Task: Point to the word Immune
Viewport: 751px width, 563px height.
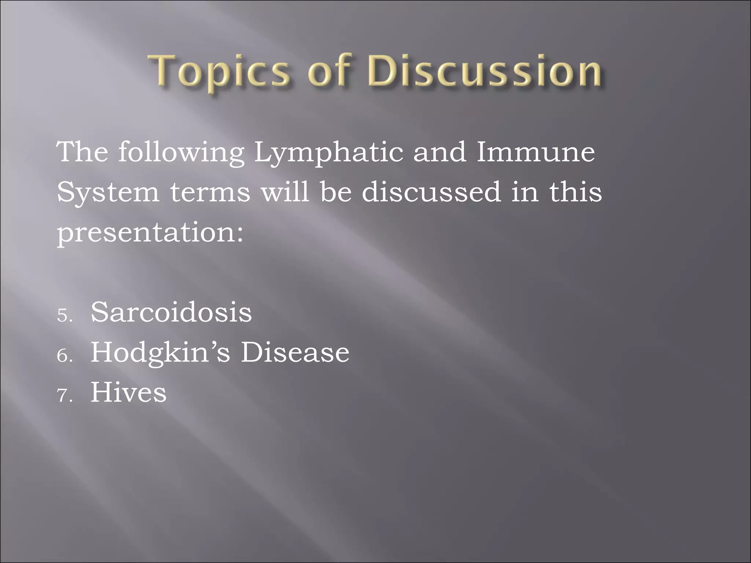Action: (x=535, y=152)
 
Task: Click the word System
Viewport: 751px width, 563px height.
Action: (x=108, y=192)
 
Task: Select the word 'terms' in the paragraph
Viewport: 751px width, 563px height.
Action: (x=210, y=192)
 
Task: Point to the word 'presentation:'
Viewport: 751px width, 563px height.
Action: (x=150, y=232)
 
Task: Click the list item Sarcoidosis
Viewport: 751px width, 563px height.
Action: (x=171, y=312)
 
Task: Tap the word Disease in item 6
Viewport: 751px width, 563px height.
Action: (x=295, y=353)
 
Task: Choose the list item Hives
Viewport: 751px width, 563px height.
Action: (x=128, y=393)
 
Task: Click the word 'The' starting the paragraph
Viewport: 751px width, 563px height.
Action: (x=83, y=152)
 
